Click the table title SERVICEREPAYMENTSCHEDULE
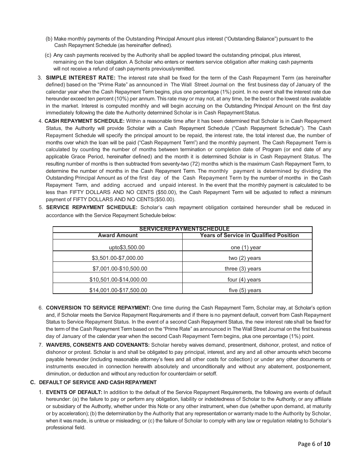point(184,229)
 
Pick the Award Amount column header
point(117,236)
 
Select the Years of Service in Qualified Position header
point(249,236)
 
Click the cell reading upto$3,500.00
point(127,247)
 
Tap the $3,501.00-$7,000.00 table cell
point(117,258)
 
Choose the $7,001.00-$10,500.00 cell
point(120,269)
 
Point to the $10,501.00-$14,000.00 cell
point(118,280)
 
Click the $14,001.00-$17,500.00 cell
point(118,290)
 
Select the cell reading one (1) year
point(246,247)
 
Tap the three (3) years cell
point(243,269)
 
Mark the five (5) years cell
point(245,290)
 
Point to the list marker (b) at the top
point(49,39)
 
